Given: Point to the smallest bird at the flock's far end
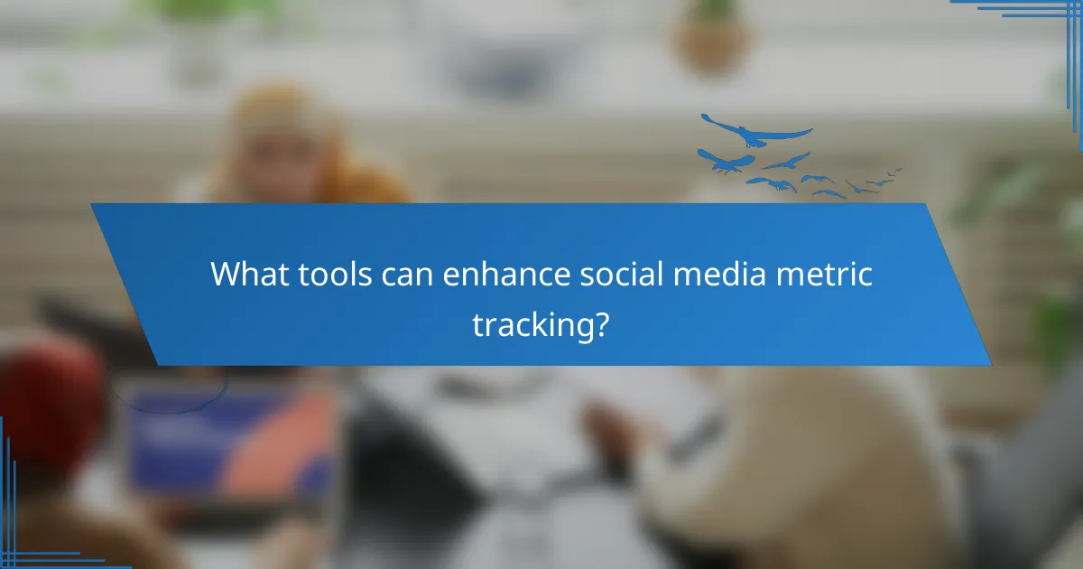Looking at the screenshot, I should pos(895,170).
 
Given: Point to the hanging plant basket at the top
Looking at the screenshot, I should pos(713,41).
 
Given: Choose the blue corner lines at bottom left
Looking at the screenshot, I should pos(27,533).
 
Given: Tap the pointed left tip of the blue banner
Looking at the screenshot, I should pos(93,207).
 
